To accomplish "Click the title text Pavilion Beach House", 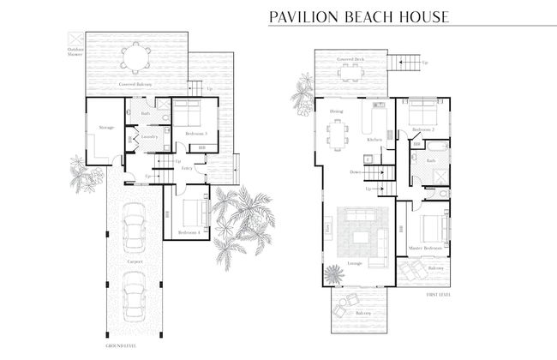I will [359, 16].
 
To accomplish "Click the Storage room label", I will [106, 128].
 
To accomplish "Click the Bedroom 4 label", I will [189, 232].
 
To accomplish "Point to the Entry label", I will [186, 168].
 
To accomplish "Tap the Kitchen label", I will [374, 139].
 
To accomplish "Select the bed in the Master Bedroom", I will [432, 228].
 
